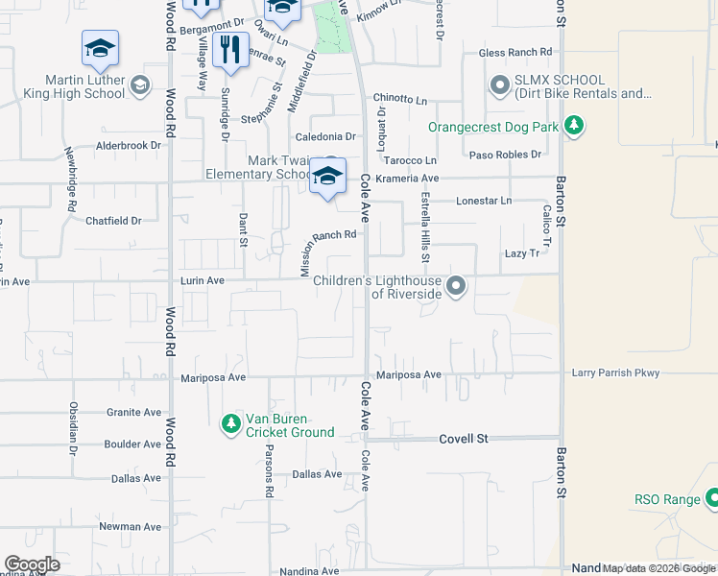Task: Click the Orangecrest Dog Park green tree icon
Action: pyautogui.click(x=574, y=126)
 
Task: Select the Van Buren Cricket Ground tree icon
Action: pyautogui.click(x=230, y=423)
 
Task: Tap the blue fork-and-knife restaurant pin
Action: pyautogui.click(x=229, y=50)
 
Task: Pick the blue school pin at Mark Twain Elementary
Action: pyautogui.click(x=327, y=177)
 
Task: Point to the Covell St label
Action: pyautogui.click(x=465, y=439)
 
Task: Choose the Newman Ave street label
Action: pyautogui.click(x=131, y=526)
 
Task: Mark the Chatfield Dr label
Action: pyautogui.click(x=113, y=221)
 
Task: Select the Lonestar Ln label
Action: pyautogui.click(x=485, y=201)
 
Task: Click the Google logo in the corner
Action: pyautogui.click(x=32, y=564)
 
